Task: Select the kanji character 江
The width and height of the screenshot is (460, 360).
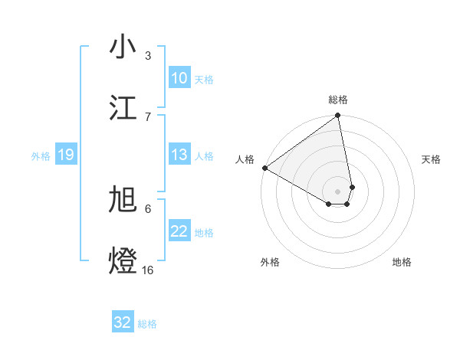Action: coord(123,107)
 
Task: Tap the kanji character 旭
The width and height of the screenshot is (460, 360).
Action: coord(123,200)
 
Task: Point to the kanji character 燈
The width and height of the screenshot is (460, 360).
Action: coord(123,260)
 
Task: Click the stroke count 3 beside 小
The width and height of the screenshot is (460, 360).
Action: coord(148,56)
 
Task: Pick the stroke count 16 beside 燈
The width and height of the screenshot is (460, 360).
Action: coord(148,270)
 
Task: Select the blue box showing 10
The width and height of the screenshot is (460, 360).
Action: coord(179,78)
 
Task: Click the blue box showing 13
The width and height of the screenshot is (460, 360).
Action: coord(179,155)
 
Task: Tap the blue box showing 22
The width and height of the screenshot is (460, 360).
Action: coord(179,231)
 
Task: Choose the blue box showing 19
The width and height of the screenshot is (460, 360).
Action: coord(65,155)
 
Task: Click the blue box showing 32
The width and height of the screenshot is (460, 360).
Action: coord(123,322)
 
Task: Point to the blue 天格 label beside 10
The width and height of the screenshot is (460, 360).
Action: coord(204,79)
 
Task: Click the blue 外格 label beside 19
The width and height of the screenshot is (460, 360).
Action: coord(41,156)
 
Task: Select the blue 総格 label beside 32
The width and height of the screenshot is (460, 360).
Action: coord(147,324)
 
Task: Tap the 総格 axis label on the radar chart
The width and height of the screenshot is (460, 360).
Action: coord(338,100)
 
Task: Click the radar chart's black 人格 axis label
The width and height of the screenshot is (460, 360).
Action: coord(245,159)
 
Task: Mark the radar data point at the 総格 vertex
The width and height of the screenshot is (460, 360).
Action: coord(338,116)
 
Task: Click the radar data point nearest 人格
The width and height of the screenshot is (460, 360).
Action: coord(264,168)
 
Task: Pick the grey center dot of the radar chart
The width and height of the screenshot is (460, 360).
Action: coord(338,190)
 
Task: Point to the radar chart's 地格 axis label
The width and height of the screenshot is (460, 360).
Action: coord(402,263)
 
